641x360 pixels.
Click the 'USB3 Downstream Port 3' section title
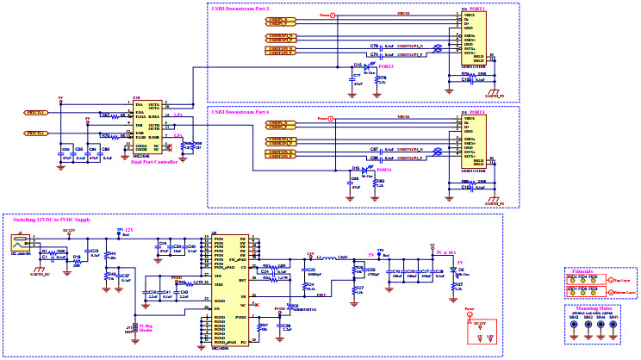coord(240,8)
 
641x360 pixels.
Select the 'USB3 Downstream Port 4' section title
coord(240,112)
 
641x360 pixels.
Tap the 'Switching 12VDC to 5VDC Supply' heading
coord(47,221)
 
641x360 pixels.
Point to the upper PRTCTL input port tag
coord(35,113)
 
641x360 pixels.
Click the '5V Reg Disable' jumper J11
coord(131,326)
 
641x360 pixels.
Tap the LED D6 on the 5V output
coord(455,271)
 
